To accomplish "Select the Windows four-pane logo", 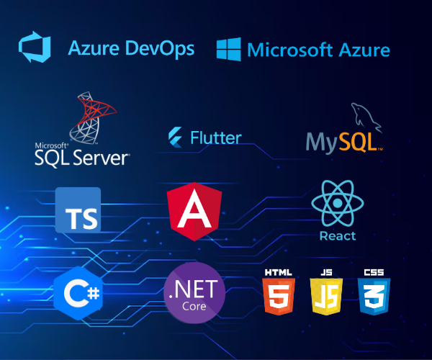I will coord(228,49).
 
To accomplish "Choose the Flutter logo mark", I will coord(175,137).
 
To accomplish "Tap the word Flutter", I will coord(215,138).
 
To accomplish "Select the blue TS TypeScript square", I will coord(78,210).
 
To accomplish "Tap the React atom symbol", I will coord(337,203).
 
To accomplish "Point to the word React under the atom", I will coord(337,235).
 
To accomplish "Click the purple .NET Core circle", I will coord(194,293).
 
